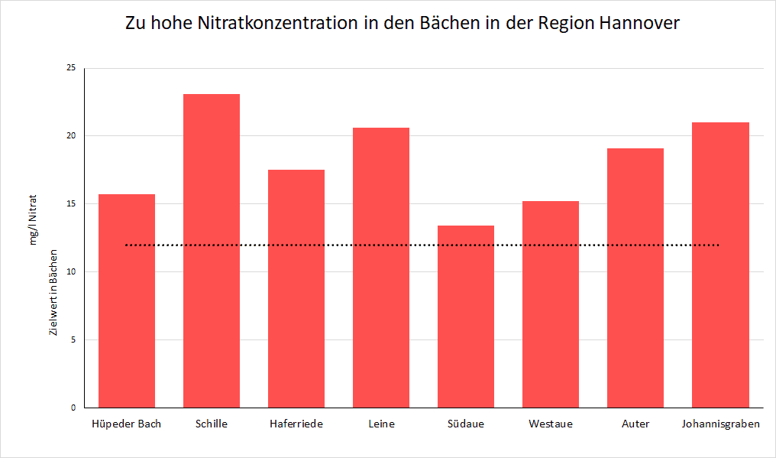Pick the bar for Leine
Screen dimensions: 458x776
tap(381, 268)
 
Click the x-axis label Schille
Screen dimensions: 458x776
tap(212, 424)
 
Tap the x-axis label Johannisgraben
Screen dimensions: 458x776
tap(720, 424)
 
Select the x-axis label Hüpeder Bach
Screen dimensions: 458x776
tap(127, 424)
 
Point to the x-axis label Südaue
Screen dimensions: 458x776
tap(466, 424)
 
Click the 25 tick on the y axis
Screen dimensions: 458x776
tap(71, 68)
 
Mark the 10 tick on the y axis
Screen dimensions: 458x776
tap(71, 272)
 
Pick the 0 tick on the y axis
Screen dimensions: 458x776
tap(73, 408)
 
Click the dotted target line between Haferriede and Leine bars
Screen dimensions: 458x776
tap(338, 245)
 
